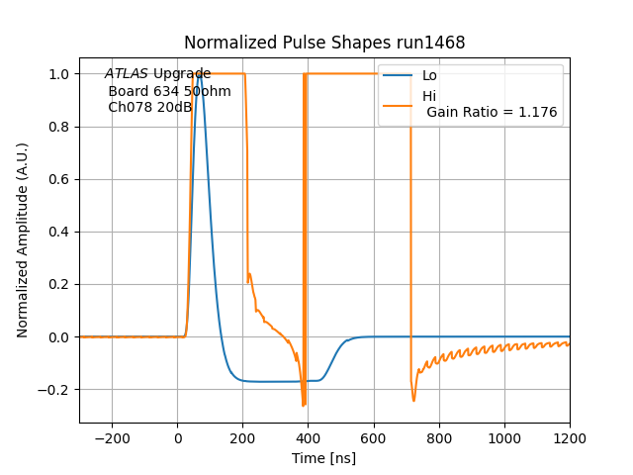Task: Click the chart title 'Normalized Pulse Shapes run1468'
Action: click(324, 43)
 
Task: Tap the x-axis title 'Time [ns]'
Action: click(324, 458)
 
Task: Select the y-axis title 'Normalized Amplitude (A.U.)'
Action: click(23, 239)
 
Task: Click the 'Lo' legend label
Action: click(429, 75)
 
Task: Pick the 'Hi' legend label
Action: click(429, 96)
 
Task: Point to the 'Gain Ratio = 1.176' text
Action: click(492, 113)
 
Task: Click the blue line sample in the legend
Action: click(399, 75)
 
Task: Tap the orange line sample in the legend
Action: click(399, 96)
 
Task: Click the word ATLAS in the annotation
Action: click(127, 74)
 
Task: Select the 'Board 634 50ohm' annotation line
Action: click(169, 91)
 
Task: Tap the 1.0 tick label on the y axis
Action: click(59, 74)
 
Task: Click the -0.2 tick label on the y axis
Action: click(55, 390)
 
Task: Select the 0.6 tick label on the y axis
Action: click(59, 179)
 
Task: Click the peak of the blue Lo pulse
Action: click(200, 74)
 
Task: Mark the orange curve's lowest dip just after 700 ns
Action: click(413, 400)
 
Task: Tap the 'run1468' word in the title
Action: click(432, 43)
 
